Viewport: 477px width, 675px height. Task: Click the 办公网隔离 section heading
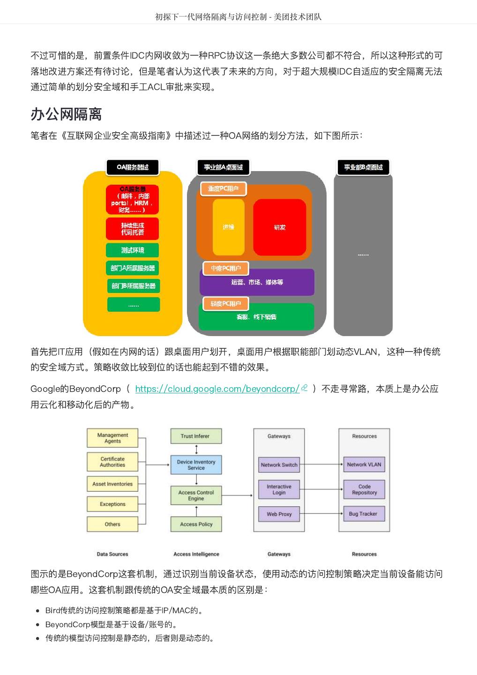pos(66,114)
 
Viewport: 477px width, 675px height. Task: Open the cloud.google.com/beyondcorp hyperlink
pos(217,389)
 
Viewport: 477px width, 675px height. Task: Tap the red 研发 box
pos(280,227)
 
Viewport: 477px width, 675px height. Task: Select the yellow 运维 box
pos(228,227)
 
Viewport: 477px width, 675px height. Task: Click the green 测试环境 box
pos(133,250)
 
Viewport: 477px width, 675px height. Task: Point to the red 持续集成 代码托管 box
pos(133,229)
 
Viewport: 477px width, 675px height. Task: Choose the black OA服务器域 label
pos(133,167)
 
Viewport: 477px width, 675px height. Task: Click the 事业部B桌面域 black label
pos(363,167)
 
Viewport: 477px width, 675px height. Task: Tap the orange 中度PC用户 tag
pos(226,269)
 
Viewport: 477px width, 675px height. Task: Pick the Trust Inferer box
pos(195,436)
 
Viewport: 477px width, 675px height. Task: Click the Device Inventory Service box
pos(196,465)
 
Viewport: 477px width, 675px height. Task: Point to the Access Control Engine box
pos(196,495)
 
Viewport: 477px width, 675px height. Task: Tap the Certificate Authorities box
pos(112,462)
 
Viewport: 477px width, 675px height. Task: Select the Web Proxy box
pos(279,514)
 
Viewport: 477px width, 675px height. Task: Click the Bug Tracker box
pos(363,514)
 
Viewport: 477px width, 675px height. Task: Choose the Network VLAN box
pos(364,465)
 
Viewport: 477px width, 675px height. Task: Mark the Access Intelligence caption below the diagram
pos(196,554)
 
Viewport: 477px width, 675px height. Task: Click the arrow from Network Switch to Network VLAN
pos(321,465)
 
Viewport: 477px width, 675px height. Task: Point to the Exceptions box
pos(112,504)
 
